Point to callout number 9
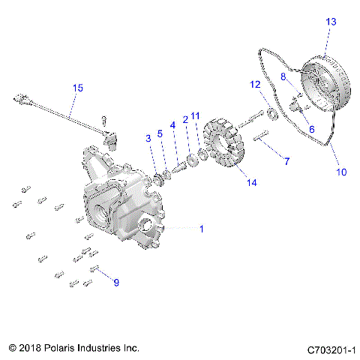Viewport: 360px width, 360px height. (115, 283)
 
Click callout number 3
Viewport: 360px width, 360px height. (148, 137)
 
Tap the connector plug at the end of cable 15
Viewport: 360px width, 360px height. (20, 98)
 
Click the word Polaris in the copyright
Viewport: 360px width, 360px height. (66, 349)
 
